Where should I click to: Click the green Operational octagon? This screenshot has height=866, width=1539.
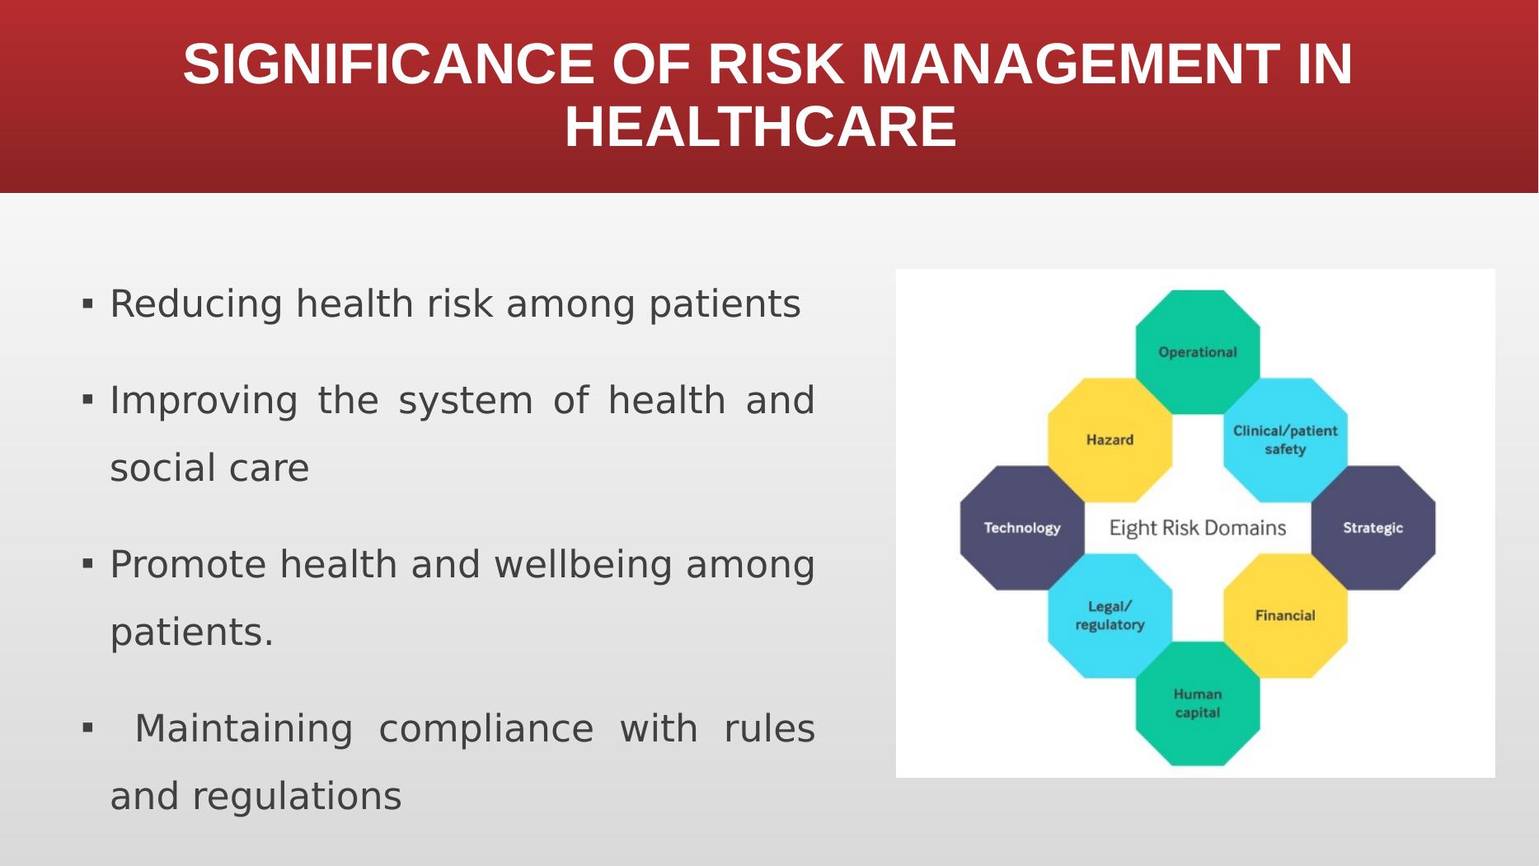click(x=1198, y=352)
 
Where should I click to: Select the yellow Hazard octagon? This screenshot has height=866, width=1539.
click(x=1110, y=440)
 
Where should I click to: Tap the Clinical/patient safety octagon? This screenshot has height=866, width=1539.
click(x=1285, y=440)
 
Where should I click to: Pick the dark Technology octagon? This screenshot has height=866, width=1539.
click(x=1022, y=528)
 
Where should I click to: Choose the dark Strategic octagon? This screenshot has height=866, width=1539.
click(x=1373, y=528)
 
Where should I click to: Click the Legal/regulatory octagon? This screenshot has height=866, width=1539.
click(x=1110, y=615)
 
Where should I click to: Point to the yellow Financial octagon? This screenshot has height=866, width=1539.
click(x=1285, y=615)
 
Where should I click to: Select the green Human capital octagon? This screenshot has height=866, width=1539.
click(x=1198, y=704)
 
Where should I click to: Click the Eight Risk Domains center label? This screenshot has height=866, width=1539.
click(x=1198, y=528)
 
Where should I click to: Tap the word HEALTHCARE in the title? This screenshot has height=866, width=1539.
click(x=760, y=127)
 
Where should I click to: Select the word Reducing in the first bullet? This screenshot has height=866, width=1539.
click(x=197, y=304)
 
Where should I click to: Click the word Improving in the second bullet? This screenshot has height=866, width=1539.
click(x=204, y=401)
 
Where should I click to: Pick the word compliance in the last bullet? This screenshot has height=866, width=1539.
click(x=486, y=729)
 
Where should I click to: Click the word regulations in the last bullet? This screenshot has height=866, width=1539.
click(x=297, y=798)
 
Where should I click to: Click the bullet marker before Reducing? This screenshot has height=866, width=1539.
click(x=87, y=304)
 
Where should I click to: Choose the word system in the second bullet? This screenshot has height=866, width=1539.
click(x=466, y=401)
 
